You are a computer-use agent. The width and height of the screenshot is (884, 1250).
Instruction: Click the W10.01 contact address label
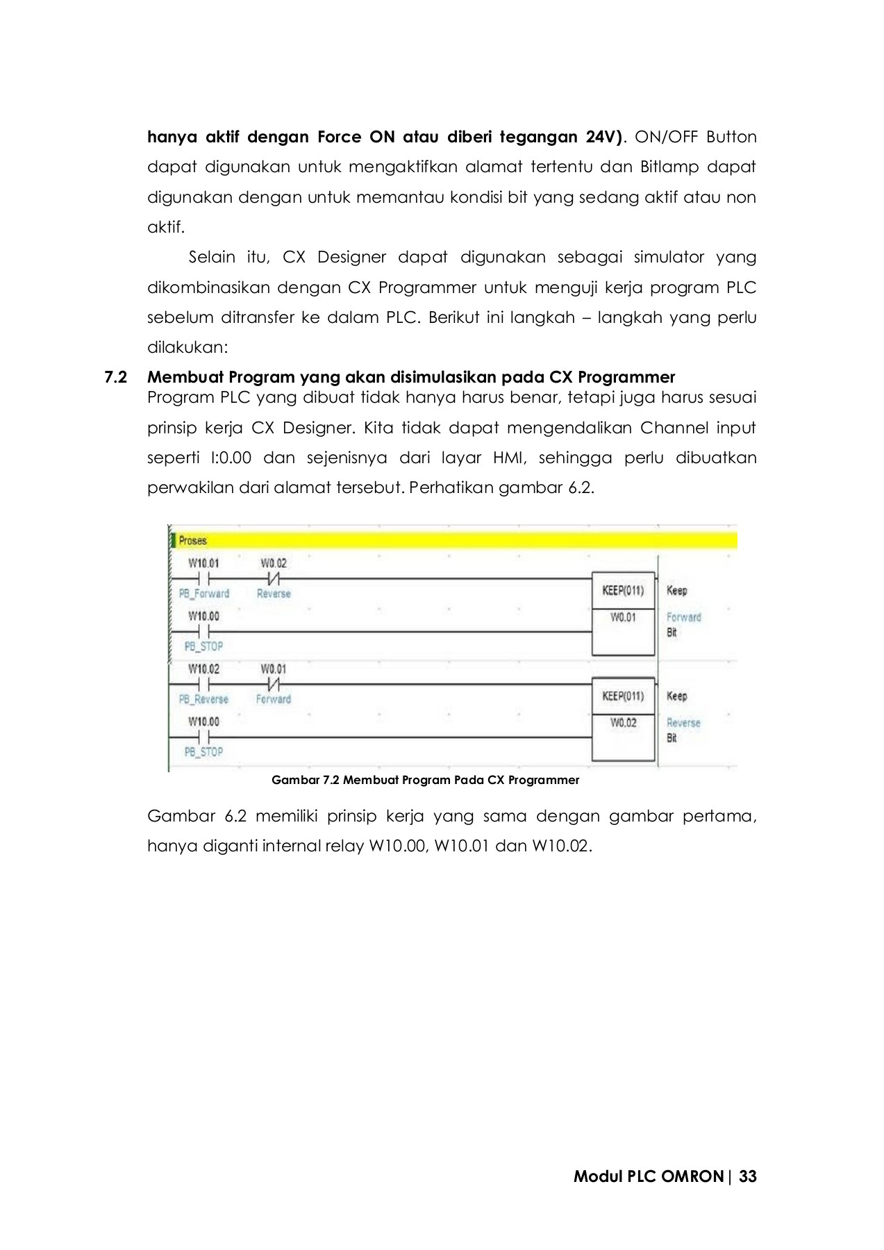[x=203, y=563]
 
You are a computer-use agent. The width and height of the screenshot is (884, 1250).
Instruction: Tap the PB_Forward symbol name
[x=203, y=594]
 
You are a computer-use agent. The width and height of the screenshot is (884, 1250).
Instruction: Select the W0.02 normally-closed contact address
[x=273, y=563]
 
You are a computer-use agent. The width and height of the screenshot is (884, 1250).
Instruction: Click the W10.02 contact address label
[x=203, y=669]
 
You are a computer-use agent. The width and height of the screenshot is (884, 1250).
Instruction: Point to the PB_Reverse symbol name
[x=203, y=699]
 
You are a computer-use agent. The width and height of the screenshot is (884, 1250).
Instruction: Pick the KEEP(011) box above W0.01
[x=623, y=591]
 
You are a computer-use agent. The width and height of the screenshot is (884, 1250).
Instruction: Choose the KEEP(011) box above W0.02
[x=623, y=697]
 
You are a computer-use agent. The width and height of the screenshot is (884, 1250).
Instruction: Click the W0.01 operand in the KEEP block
[x=623, y=617]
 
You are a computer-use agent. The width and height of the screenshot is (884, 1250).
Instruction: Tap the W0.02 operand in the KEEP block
[x=623, y=723]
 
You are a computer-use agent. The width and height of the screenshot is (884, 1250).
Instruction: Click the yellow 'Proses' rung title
[x=192, y=540]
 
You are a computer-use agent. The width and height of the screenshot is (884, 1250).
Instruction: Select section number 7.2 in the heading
[x=116, y=378]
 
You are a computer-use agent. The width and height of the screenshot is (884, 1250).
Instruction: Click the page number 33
[x=748, y=1176]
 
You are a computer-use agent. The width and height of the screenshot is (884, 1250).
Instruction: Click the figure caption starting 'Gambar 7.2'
[x=425, y=780]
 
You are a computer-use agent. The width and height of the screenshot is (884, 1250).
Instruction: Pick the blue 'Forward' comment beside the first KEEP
[x=684, y=617]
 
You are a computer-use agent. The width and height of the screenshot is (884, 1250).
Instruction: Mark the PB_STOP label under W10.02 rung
[x=203, y=752]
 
